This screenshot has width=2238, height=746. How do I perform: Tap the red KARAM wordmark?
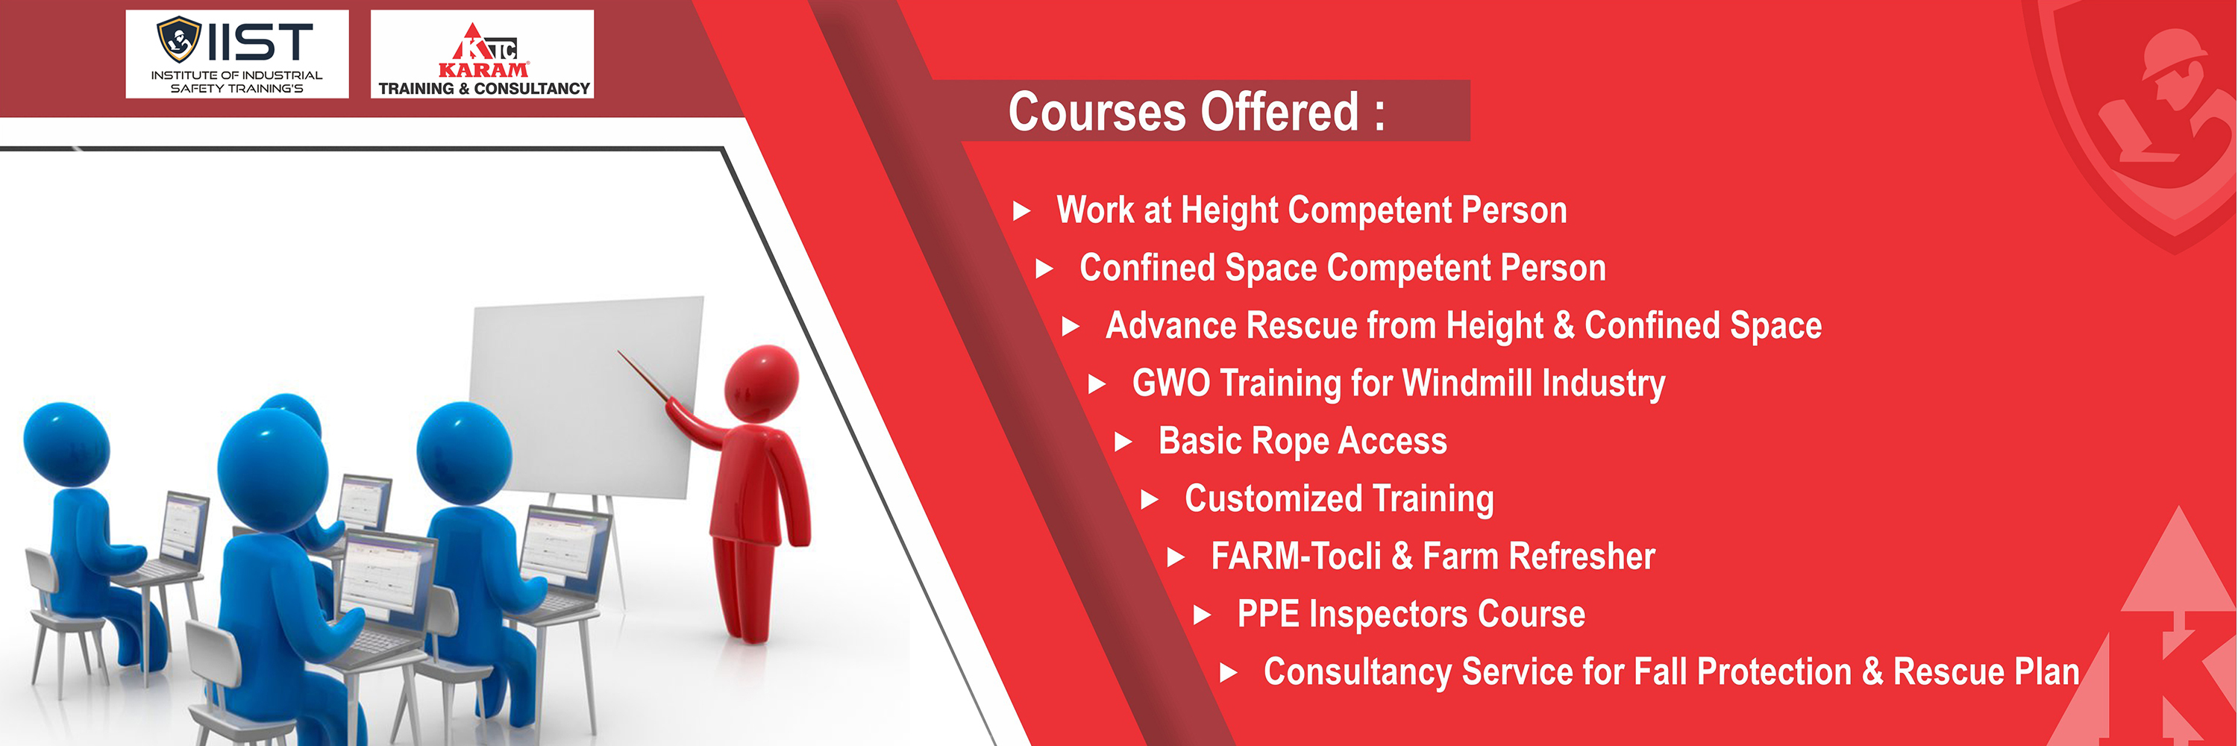click(483, 69)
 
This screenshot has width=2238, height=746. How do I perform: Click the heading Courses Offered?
click(1197, 112)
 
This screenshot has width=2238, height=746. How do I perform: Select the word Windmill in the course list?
click(1467, 382)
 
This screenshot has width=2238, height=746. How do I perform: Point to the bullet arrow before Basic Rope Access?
click(1123, 442)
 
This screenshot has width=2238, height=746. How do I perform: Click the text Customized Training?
click(1339, 499)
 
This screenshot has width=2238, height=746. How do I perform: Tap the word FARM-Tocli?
click(1295, 556)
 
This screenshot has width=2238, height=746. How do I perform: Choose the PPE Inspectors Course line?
click(1411, 614)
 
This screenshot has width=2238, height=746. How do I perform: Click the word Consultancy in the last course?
click(1357, 672)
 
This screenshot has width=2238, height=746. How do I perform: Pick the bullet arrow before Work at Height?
click(1022, 211)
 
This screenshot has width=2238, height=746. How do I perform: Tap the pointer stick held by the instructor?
click(644, 376)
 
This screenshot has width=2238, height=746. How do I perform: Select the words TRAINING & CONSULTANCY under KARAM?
click(484, 89)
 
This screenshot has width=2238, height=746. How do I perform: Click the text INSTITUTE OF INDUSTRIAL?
click(236, 75)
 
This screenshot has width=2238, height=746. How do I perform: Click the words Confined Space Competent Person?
click(1342, 269)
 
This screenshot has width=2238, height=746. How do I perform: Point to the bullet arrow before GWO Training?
click(1097, 384)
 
